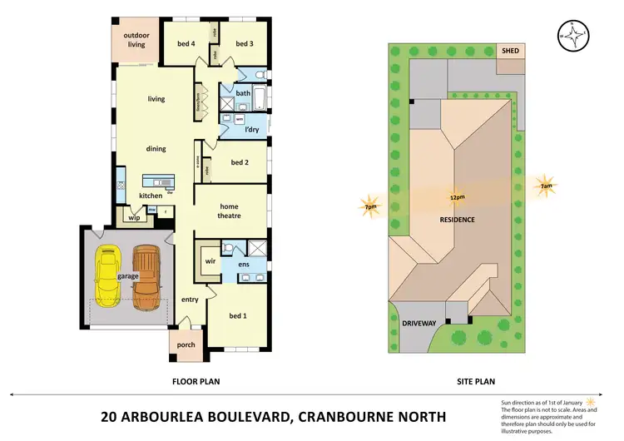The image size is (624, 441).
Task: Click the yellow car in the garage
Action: click(109, 275)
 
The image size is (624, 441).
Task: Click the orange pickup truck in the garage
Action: click(146, 273)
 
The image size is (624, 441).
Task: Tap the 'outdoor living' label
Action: click(136, 40)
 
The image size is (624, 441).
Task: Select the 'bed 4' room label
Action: click(186, 43)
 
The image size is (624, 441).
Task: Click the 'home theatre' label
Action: click(230, 211)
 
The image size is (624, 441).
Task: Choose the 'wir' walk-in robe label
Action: click(211, 260)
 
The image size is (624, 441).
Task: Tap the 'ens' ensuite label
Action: click(244, 265)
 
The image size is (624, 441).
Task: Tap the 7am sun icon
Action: click(544, 186)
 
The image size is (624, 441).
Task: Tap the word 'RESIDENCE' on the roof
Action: click(458, 220)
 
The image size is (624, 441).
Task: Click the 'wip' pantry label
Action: click(134, 217)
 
